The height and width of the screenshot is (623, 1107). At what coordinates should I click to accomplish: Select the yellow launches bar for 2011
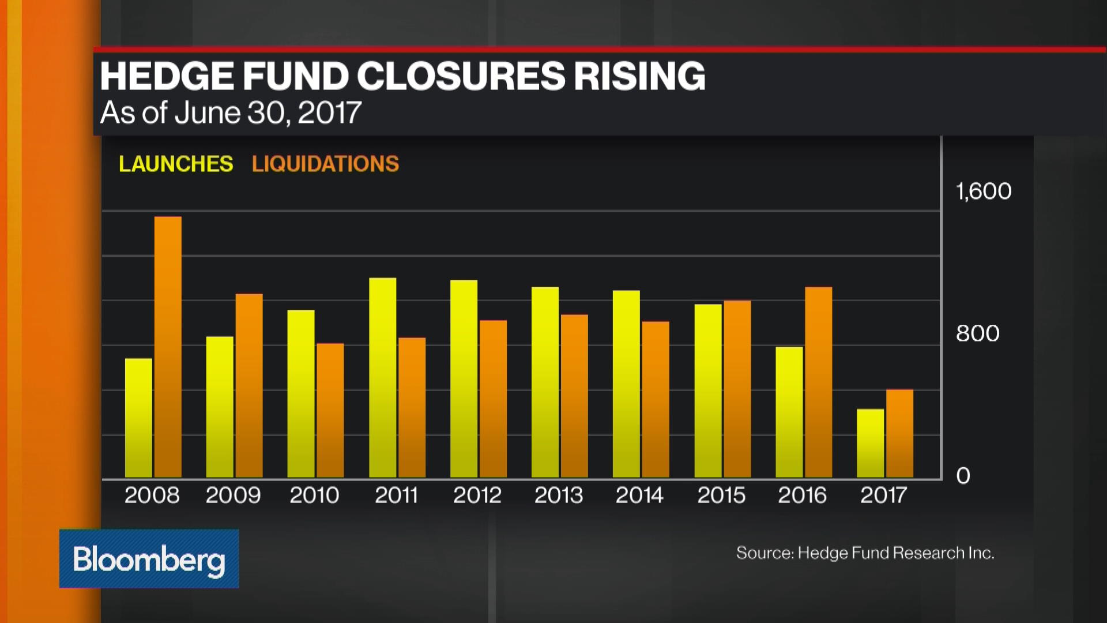click(382, 378)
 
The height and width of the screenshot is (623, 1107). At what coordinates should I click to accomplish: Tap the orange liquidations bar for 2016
click(818, 382)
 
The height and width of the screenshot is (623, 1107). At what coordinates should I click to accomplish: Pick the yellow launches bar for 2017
click(870, 443)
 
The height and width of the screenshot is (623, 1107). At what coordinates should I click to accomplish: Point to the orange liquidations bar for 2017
click(899, 434)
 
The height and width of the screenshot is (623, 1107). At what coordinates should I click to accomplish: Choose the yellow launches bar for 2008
click(138, 418)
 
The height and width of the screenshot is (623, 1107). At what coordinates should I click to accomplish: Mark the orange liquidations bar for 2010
click(330, 411)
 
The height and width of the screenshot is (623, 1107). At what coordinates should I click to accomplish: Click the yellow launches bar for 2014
click(626, 384)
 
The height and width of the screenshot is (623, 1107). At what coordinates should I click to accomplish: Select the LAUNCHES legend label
click(176, 164)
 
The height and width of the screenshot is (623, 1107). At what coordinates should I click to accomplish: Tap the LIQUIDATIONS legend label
click(325, 164)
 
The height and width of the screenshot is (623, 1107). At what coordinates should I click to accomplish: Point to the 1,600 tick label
click(984, 192)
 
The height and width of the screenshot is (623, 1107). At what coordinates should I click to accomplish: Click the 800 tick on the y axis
click(978, 333)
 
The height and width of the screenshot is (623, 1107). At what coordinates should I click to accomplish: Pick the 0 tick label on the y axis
click(963, 476)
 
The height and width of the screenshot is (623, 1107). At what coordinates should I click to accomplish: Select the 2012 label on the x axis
click(477, 496)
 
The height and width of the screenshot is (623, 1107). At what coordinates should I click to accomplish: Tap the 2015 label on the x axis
click(721, 496)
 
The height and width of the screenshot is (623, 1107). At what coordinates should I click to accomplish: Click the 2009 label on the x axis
click(233, 496)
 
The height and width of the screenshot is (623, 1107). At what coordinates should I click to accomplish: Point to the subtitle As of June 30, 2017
click(231, 113)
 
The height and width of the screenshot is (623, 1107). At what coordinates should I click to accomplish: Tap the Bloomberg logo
click(149, 559)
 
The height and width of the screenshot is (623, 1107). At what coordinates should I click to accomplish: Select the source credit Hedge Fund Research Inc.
click(865, 553)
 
